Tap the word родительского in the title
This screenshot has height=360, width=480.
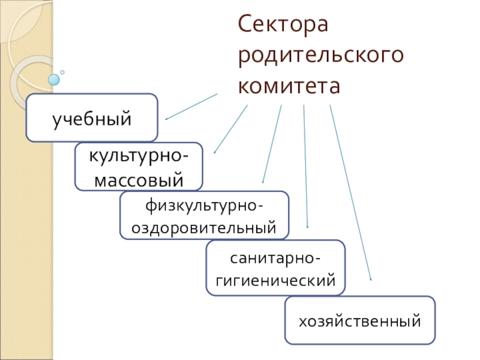click(x=320, y=56)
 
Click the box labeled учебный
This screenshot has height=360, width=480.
click(x=92, y=118)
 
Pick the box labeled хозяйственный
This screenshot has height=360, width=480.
click(x=360, y=321)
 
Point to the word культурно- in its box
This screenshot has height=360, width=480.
click(x=138, y=157)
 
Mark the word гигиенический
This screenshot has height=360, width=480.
click(x=275, y=280)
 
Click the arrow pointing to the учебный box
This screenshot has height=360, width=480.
click(x=191, y=106)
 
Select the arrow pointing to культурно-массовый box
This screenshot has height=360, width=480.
click(x=230, y=129)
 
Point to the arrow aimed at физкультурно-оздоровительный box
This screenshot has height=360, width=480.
click(x=272, y=144)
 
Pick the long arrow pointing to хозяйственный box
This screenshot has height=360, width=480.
click(x=350, y=192)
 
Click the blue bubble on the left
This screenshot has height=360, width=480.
click(x=55, y=79)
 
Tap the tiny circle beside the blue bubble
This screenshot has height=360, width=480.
click(x=62, y=72)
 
